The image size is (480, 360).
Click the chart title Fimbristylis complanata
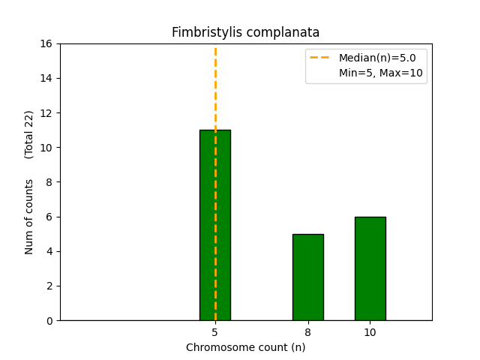click(245, 33)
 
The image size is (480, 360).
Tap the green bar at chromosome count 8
click(307, 277)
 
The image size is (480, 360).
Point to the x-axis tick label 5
click(215, 331)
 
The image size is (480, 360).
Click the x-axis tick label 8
click(307, 331)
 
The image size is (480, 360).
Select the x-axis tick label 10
click(370, 331)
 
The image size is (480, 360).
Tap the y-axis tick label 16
click(46, 43)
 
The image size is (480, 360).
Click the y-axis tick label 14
click(46, 78)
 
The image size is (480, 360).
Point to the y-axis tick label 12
click(46, 113)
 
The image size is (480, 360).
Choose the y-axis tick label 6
click(49, 217)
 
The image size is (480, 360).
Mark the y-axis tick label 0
click(49, 320)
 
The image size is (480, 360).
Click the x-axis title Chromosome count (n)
click(245, 347)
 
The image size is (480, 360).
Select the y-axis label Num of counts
click(29, 216)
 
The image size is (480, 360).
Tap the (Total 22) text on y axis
click(29, 134)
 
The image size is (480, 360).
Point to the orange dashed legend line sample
click(321, 58)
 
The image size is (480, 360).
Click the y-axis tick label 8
click(49, 182)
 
